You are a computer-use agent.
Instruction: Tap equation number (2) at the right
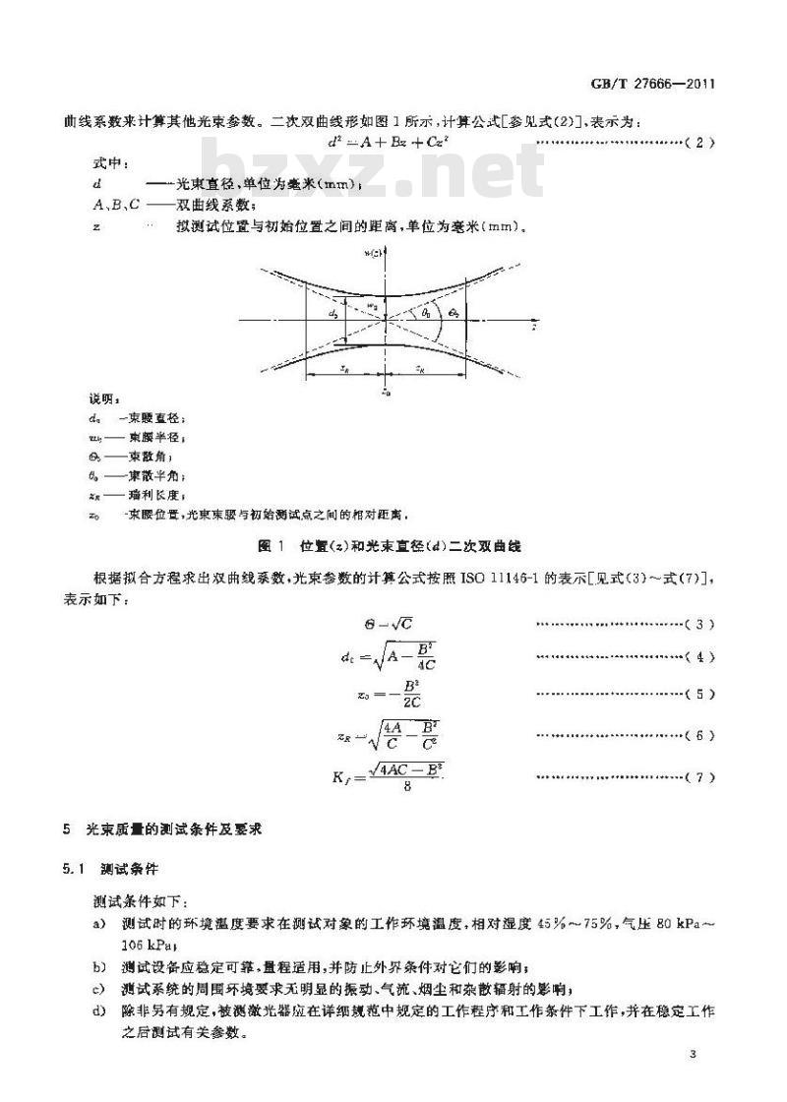[699, 144]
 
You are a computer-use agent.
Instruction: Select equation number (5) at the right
[699, 694]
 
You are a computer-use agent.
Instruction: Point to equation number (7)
[699, 777]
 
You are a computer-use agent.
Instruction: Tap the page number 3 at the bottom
[694, 1055]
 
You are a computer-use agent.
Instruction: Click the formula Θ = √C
[382, 625]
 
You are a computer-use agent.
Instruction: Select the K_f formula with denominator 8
[376, 777]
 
